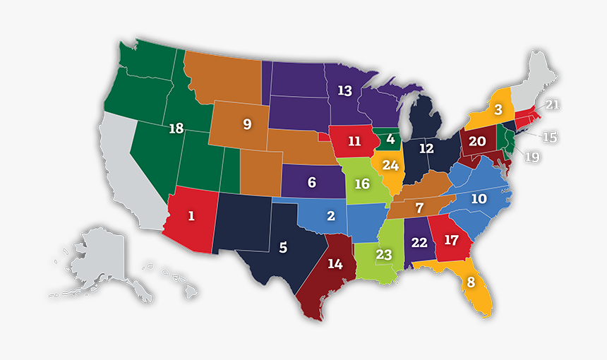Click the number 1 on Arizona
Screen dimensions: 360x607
coord(191,216)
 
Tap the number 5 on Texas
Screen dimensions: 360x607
coord(283,248)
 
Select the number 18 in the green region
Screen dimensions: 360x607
coord(176,128)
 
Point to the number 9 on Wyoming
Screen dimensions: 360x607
coord(247,124)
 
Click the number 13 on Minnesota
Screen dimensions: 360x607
coord(344,90)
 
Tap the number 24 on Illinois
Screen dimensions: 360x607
coord(390,167)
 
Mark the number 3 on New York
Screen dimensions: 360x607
coord(498,109)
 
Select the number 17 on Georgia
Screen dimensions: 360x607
coord(451,240)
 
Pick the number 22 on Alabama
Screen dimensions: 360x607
coord(419,242)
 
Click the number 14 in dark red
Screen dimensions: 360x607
coord(335,265)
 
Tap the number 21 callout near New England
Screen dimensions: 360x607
coord(551,105)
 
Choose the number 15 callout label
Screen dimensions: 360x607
coord(549,137)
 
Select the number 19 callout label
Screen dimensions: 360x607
coord(531,157)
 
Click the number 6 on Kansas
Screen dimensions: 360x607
coord(311,181)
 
